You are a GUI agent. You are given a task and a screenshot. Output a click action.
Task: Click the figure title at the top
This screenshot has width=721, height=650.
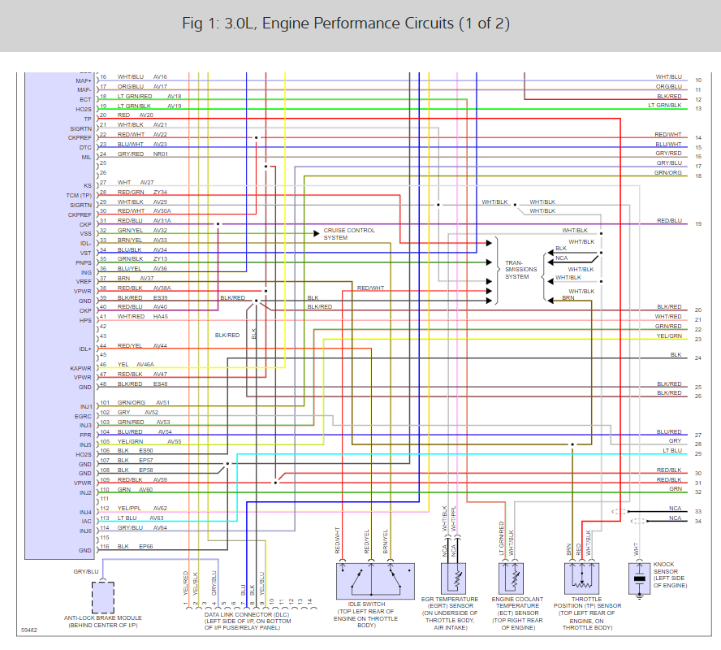346,23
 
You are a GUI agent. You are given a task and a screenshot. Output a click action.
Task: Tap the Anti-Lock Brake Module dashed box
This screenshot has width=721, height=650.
102,598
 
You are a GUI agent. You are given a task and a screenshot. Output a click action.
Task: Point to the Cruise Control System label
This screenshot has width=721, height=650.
349,234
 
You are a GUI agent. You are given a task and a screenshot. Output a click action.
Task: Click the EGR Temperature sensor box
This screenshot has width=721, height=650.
455,580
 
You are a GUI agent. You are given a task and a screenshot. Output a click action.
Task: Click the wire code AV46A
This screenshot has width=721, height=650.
146,365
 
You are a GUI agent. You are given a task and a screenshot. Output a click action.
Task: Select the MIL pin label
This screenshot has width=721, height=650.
85,157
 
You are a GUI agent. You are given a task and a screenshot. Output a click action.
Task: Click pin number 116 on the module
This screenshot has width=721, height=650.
105,548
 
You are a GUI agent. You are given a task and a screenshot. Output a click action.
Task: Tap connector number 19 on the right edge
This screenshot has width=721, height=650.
698,223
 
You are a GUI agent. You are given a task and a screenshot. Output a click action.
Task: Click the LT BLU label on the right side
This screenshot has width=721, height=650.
671,450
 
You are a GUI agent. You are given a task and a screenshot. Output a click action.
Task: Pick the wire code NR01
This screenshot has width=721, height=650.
159,154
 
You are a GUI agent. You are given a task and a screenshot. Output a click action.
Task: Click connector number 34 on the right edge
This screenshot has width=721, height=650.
698,522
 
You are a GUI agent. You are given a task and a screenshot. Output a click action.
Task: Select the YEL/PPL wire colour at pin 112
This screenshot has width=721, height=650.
131,508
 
